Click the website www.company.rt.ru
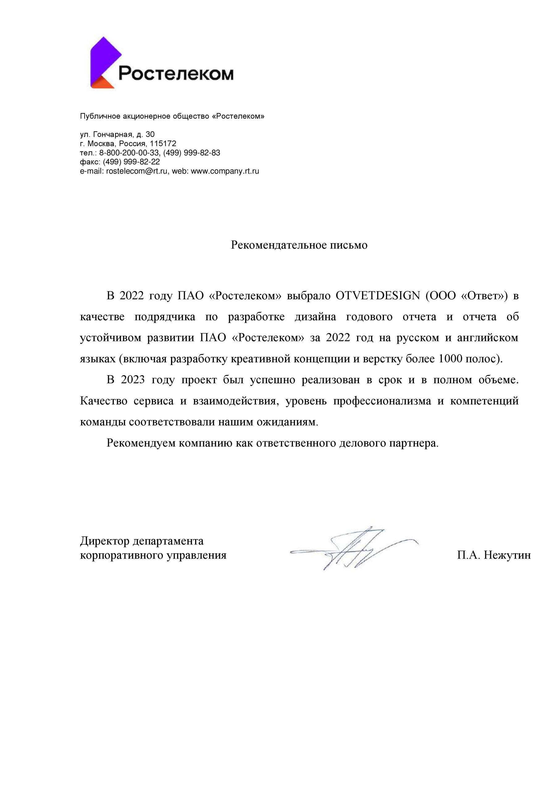pyautogui.click(x=225, y=171)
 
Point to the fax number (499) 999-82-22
pyautogui.click(x=131, y=162)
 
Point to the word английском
pyautogui.click(x=487, y=338)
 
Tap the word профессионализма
pyautogui.click(x=382, y=401)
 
